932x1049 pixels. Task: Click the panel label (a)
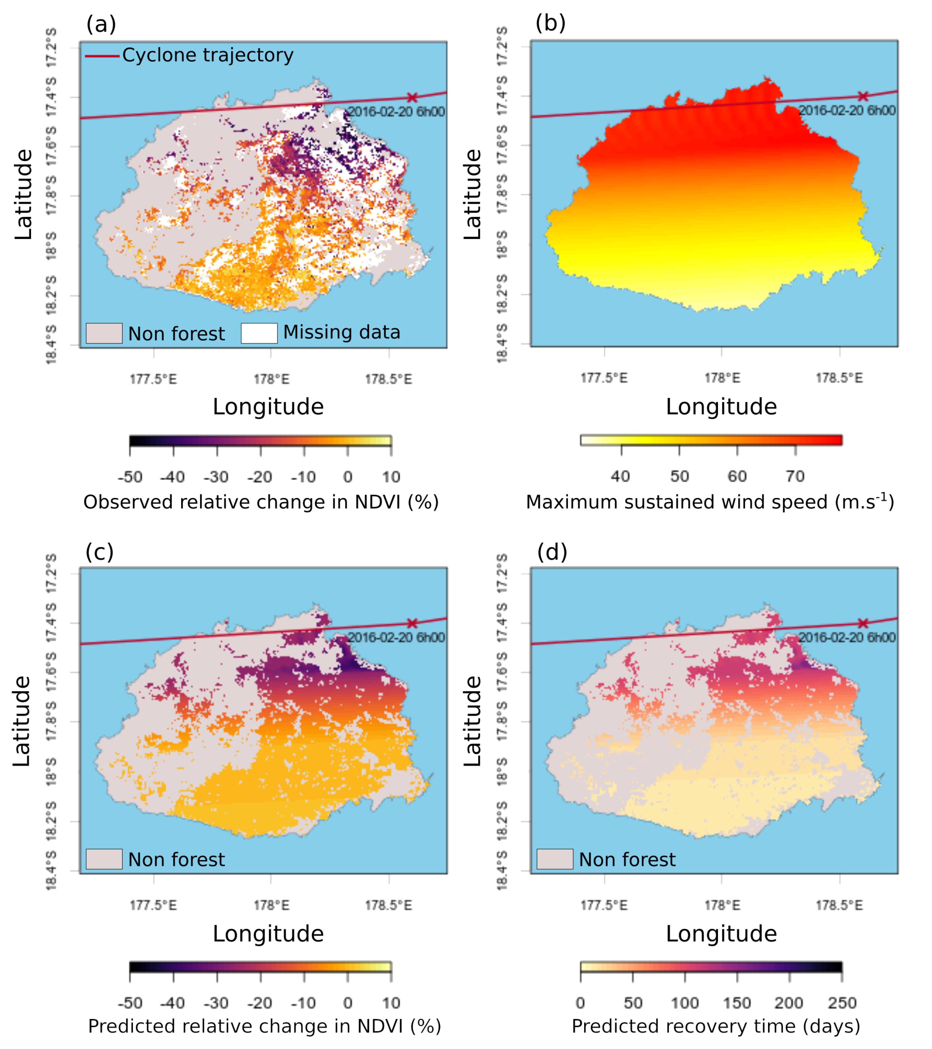click(x=101, y=24)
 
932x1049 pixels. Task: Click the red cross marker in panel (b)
click(x=863, y=96)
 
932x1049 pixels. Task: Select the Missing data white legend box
click(x=259, y=333)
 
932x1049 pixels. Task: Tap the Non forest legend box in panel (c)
click(x=104, y=859)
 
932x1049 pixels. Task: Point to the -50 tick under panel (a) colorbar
click(x=130, y=477)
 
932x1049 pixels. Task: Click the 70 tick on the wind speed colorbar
click(x=795, y=476)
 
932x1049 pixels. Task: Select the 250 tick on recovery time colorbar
click(x=842, y=1003)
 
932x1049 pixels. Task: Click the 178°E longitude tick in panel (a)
click(x=271, y=379)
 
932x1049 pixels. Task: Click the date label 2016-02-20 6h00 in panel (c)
click(x=396, y=638)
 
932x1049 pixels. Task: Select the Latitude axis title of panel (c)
click(x=22, y=721)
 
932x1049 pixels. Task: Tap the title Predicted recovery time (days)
click(x=716, y=1026)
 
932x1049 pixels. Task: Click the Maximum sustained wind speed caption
click(x=710, y=502)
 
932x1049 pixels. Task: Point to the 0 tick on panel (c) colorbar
click(x=348, y=1003)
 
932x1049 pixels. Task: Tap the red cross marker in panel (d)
click(x=863, y=623)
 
